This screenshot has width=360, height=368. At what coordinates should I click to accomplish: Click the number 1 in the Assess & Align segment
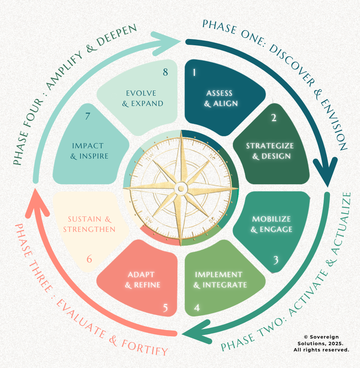pos(194,72)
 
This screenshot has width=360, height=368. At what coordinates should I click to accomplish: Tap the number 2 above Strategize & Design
pos(274,118)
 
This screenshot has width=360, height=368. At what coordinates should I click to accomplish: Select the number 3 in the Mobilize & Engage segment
pos(275,260)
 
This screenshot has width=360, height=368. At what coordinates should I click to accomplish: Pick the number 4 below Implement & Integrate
pos(197,307)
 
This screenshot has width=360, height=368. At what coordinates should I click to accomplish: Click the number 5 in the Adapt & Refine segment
pos(165,308)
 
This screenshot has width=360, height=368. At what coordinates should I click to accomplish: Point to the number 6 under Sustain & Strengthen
pos(89,259)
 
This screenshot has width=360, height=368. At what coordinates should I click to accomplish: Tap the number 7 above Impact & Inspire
pos(88,116)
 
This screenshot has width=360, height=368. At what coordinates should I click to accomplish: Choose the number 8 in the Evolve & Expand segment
pos(165,72)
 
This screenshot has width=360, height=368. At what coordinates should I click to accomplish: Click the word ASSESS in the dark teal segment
pos(220,93)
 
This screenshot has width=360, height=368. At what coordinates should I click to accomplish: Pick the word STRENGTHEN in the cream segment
pos(89,229)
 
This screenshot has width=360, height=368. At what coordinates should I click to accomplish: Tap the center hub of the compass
pos(181,189)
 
